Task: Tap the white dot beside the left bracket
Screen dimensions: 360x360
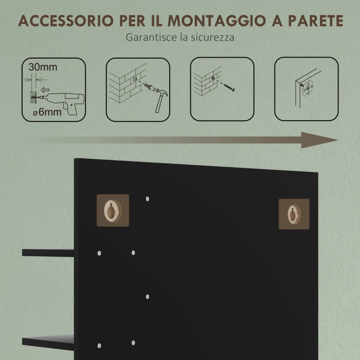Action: pos(148,198)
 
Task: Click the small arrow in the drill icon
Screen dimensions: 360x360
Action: pos(44,89)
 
